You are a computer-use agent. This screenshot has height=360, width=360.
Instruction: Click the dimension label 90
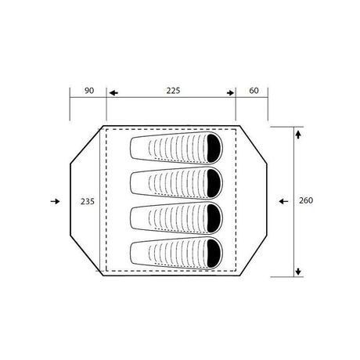[89, 91]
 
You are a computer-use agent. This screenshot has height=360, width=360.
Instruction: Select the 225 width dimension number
[173, 91]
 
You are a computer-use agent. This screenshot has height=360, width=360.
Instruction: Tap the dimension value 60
[254, 91]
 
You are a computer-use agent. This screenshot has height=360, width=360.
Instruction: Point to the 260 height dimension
[306, 200]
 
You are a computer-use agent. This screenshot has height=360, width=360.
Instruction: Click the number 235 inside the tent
[88, 201]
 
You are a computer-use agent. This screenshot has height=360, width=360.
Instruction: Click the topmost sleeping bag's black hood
[214, 148]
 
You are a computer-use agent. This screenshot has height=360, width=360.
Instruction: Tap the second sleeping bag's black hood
[214, 183]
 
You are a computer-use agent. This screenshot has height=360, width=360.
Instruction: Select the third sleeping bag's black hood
[214, 218]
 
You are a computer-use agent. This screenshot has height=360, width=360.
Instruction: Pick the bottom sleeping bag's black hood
[214, 254]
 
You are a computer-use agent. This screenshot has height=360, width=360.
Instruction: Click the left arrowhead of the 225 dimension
[113, 93]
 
